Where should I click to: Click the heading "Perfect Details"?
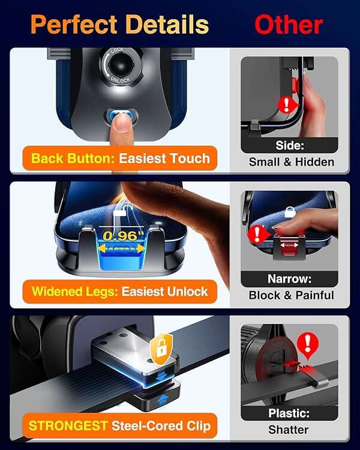tap(119, 25)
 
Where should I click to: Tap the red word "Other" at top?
tap(289, 25)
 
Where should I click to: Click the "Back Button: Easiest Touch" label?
tap(120, 158)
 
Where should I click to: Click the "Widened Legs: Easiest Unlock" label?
tap(120, 292)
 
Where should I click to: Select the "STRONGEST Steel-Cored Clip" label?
tap(120, 426)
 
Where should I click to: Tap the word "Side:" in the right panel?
tap(289, 146)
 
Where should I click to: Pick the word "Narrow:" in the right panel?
tap(289, 279)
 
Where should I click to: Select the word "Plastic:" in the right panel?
tap(289, 413)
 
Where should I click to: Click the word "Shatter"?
tap(289, 430)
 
